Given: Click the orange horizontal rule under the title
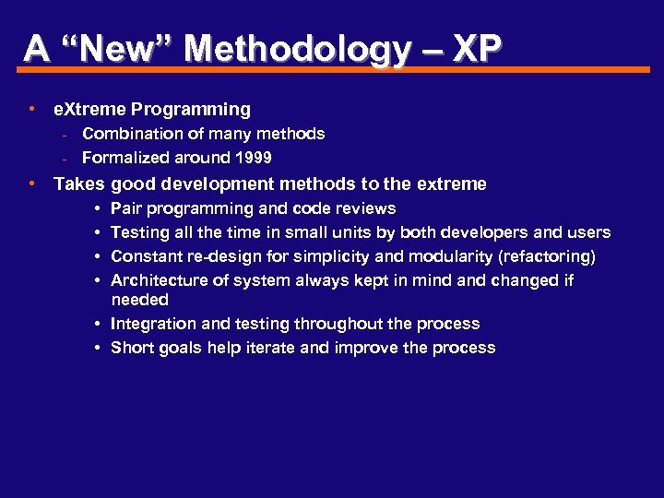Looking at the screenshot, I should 332,68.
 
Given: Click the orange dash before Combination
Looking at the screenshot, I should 65,135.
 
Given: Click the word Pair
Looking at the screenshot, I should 125,208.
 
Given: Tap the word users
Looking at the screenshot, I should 588,232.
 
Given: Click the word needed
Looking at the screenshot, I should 139,300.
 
